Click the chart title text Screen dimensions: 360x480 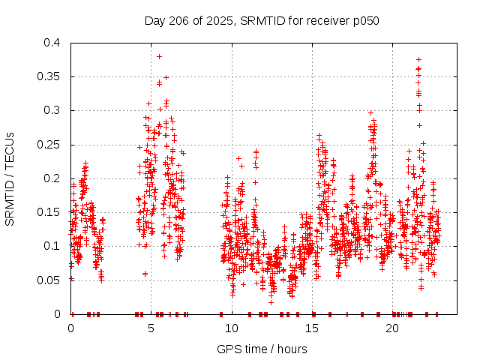[261, 20]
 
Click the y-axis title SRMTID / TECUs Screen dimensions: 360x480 [10, 178]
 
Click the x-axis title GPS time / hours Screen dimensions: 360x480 [261, 349]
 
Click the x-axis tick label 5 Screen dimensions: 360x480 [151, 328]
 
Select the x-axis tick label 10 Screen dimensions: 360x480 [232, 328]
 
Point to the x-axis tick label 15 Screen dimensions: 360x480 [312, 328]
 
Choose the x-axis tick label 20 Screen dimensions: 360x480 [392, 328]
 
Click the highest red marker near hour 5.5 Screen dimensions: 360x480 [159, 56]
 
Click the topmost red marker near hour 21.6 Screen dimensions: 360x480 [418, 59]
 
